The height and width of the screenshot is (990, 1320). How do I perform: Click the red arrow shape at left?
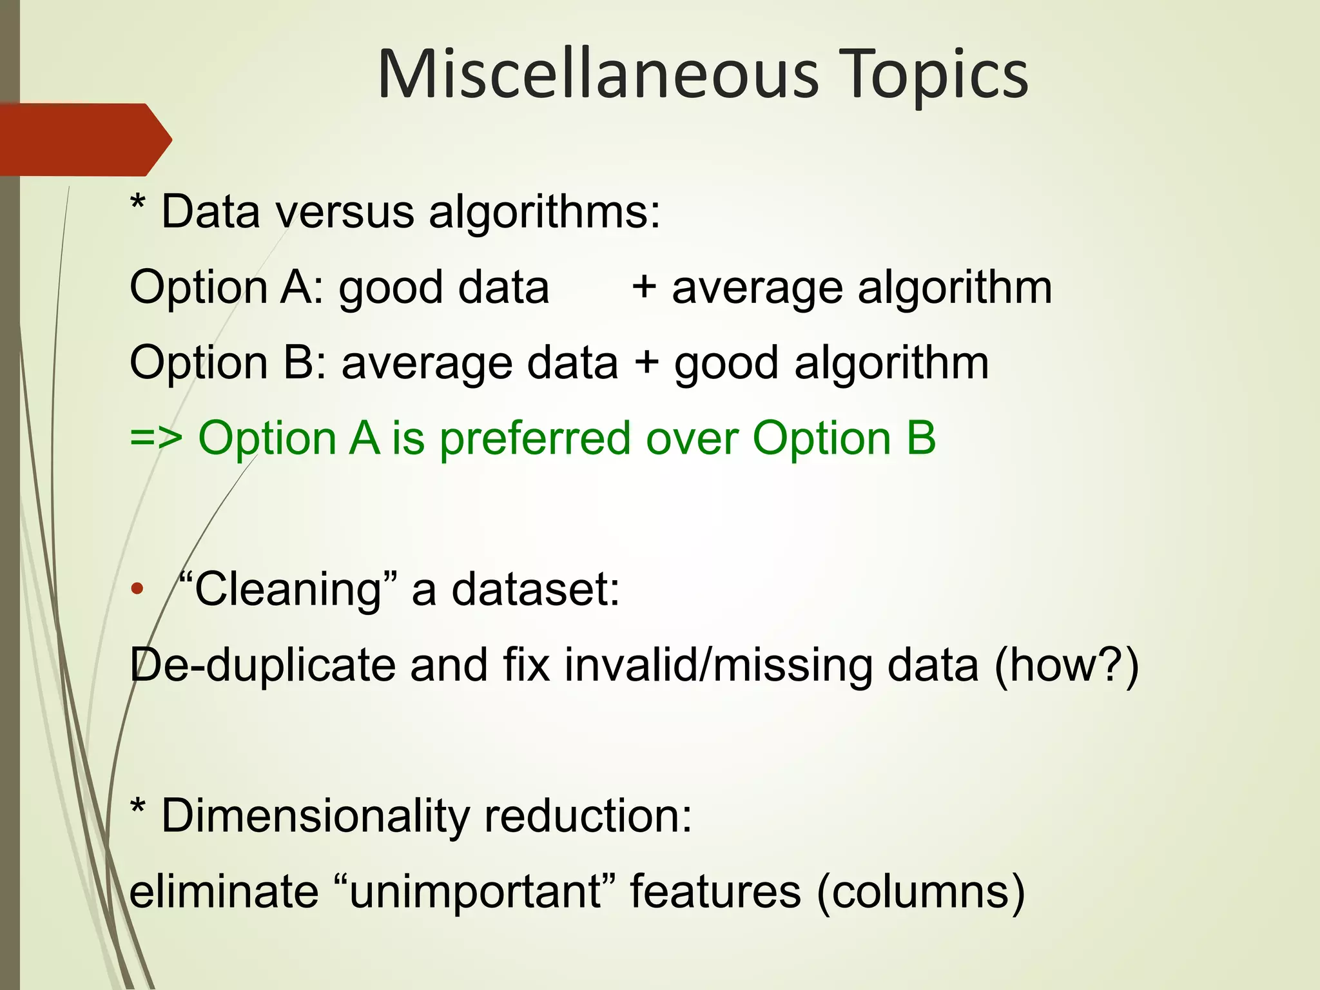pyautogui.click(x=84, y=139)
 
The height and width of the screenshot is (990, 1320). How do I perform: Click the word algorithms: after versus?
pyautogui.click(x=545, y=212)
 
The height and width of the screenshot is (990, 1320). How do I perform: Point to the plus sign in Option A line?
pyautogui.click(x=644, y=288)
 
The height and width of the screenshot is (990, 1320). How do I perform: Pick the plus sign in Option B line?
pyautogui.click(x=646, y=364)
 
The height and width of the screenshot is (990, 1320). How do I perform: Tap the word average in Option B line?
pyautogui.click(x=427, y=364)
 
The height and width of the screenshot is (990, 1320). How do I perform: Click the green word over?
pyautogui.click(x=692, y=439)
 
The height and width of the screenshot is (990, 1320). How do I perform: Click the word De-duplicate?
pyautogui.click(x=262, y=665)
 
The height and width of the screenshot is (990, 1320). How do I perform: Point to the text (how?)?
pyautogui.click(x=1066, y=665)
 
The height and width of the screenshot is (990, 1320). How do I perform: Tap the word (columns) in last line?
pyautogui.click(x=920, y=891)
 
